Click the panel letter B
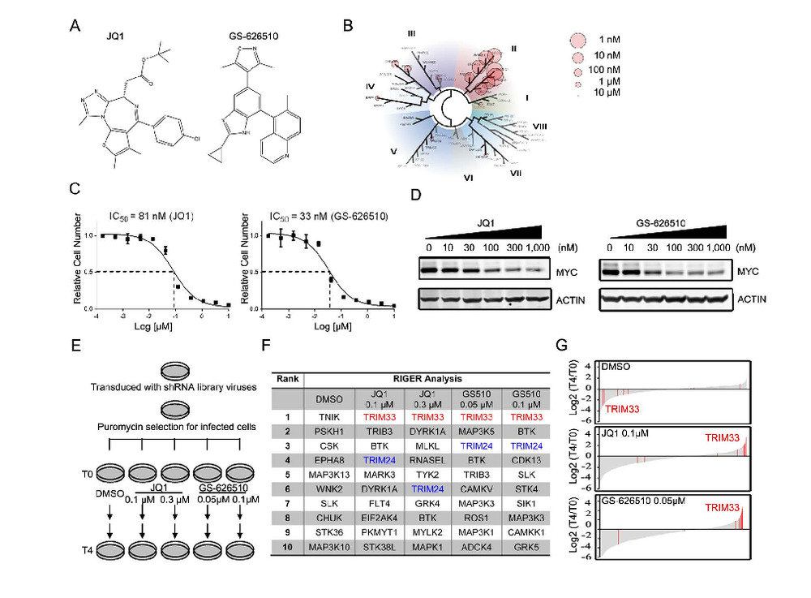[348, 26]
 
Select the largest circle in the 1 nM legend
[577, 40]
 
